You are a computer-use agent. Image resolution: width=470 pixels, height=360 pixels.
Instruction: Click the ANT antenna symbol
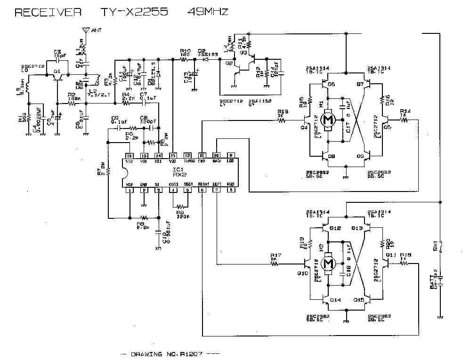coord(85,30)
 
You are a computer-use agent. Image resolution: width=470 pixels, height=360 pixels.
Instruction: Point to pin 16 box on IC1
coord(130,155)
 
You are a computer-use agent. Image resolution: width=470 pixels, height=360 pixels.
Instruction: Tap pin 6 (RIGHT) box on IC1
coord(202,190)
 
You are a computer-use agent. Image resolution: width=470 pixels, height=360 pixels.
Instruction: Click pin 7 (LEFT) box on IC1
coord(216,190)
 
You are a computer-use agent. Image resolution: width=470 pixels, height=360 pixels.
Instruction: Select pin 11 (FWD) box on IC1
coord(202,155)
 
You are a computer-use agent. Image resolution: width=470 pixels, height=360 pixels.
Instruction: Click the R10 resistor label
coord(185,51)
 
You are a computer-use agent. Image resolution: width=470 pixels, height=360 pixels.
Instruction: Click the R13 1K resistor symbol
coord(282,120)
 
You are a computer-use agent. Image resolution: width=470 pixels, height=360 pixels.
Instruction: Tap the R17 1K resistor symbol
coord(275,264)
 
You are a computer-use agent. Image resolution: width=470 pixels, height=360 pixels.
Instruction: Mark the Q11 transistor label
coord(391,255)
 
